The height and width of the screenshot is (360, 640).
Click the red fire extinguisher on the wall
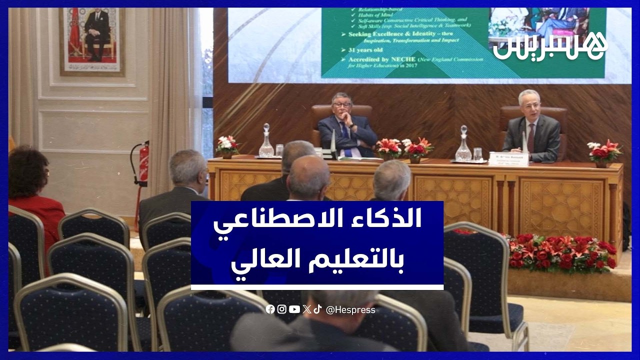(143, 163)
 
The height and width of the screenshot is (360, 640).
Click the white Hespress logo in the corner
(550, 46)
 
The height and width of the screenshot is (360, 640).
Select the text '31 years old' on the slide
(361, 50)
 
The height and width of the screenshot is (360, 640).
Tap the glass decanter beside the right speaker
(463, 145)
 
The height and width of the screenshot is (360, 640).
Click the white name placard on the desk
(508, 158)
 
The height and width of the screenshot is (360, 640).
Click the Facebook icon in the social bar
(270, 309)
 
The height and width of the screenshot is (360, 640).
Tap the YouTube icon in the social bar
(294, 309)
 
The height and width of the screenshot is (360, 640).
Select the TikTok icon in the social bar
(317, 309)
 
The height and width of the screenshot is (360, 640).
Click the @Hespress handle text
(350, 310)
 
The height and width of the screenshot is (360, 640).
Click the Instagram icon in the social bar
(282, 309)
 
